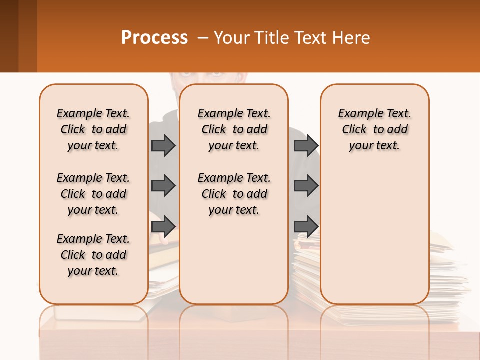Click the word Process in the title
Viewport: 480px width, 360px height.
point(154,37)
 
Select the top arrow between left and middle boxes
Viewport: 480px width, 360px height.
point(163,145)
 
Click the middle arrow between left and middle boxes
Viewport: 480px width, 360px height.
point(163,186)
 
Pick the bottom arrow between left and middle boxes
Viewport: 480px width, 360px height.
point(163,226)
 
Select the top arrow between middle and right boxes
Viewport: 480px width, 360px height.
point(306,145)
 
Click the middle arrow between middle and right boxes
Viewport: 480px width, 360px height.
point(306,186)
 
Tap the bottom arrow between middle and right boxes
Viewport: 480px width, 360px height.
point(306,226)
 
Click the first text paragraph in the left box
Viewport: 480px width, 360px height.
point(93,129)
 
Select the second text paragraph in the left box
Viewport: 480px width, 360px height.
point(93,194)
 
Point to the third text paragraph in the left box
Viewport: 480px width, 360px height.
point(93,255)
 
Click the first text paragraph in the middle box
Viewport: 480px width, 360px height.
point(234,129)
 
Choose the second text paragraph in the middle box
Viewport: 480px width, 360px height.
point(234,194)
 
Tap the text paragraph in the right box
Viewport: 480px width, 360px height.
point(374,129)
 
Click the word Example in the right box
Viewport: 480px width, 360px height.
point(355,114)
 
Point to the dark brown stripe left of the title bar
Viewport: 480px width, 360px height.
point(9,36)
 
